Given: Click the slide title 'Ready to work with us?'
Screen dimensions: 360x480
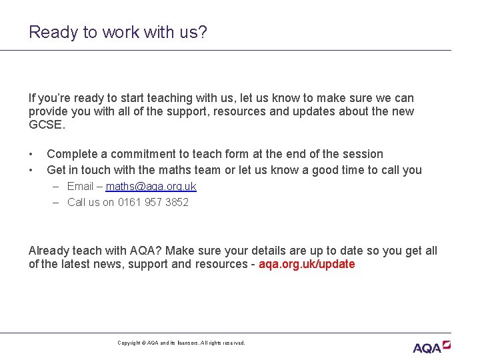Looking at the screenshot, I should (x=118, y=32).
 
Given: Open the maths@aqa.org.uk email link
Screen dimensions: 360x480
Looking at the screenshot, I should (x=151, y=187).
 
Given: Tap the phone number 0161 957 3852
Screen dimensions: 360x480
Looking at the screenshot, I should (x=153, y=202).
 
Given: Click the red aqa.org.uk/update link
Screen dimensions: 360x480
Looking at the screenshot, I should (x=307, y=264).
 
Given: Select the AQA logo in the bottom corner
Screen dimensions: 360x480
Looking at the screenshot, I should (x=431, y=347).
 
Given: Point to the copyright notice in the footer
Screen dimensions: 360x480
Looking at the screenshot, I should (x=181, y=343).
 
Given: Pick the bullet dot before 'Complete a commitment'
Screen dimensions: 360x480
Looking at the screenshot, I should (x=31, y=154).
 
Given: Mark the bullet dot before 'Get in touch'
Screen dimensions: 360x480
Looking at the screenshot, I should (x=31, y=170).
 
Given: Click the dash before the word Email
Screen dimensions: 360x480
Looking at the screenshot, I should (x=57, y=187).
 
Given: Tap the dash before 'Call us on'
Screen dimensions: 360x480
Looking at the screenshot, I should (x=57, y=202).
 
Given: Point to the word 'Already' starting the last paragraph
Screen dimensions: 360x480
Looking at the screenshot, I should (x=49, y=251).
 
